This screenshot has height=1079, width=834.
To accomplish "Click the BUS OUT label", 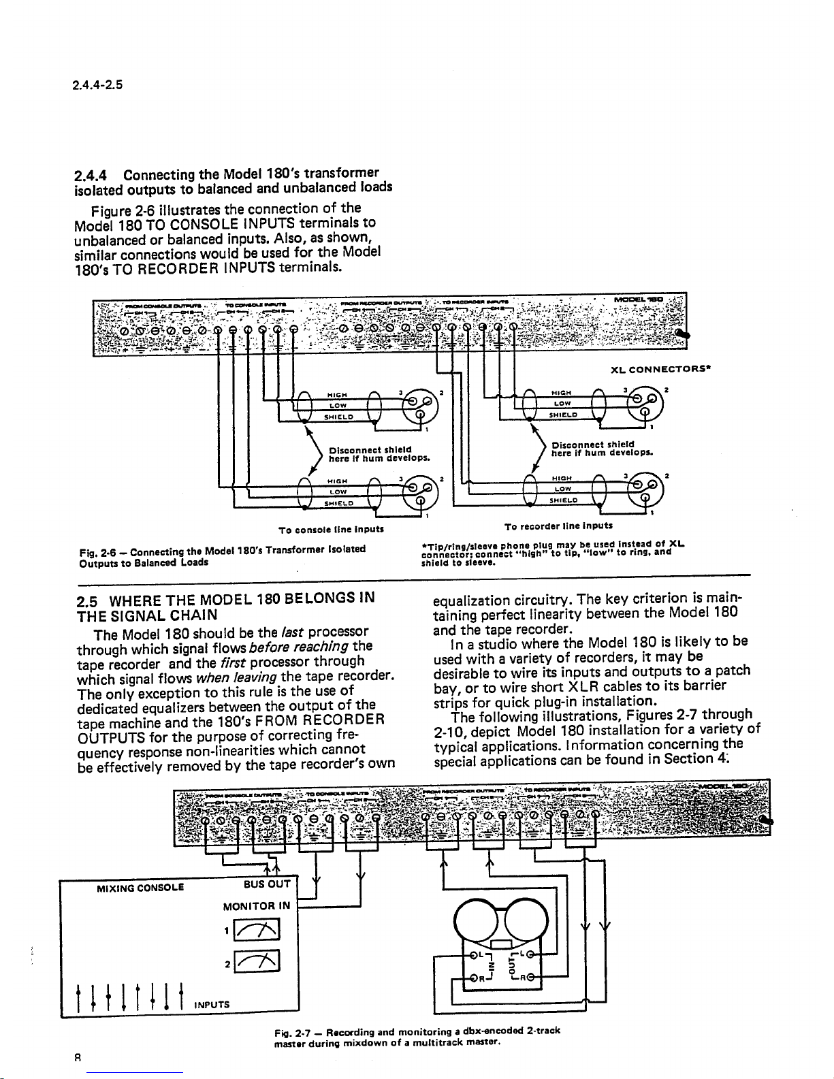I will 268,884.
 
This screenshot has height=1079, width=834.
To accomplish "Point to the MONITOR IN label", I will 257,906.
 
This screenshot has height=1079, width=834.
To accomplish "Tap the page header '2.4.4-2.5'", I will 97,85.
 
